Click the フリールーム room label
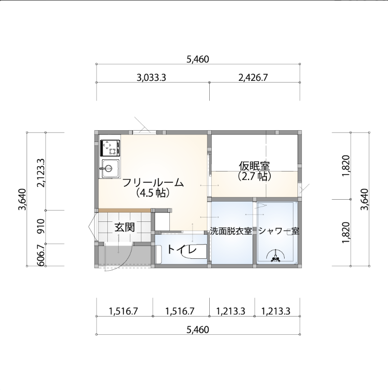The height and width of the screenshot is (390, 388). click(x=153, y=183)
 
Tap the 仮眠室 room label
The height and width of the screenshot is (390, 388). click(x=255, y=166)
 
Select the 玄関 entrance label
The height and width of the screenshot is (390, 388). click(x=125, y=227)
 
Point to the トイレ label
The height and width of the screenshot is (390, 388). click(x=182, y=249)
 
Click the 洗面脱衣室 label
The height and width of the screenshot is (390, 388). click(x=231, y=231)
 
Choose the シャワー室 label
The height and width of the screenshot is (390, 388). click(x=279, y=231)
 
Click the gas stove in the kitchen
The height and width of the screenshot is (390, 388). click(x=110, y=148)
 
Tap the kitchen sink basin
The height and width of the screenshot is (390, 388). click(x=109, y=169)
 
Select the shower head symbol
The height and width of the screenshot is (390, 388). click(x=275, y=256)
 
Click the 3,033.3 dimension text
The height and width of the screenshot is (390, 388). click(x=151, y=78)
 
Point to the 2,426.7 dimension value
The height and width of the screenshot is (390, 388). click(x=253, y=78)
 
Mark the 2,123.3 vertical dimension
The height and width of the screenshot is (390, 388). click(x=41, y=173)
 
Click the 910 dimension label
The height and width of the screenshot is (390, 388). click(x=41, y=226)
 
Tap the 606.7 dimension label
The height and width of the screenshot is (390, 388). click(x=41, y=255)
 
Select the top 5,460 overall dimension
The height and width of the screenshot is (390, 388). click(x=198, y=60)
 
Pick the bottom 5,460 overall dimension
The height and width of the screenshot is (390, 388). click(x=198, y=330)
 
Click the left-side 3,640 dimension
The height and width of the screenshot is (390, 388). click(x=22, y=200)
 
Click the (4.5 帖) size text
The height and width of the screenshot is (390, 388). click(x=153, y=193)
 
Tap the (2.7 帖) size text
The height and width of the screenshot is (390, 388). click(x=255, y=176)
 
